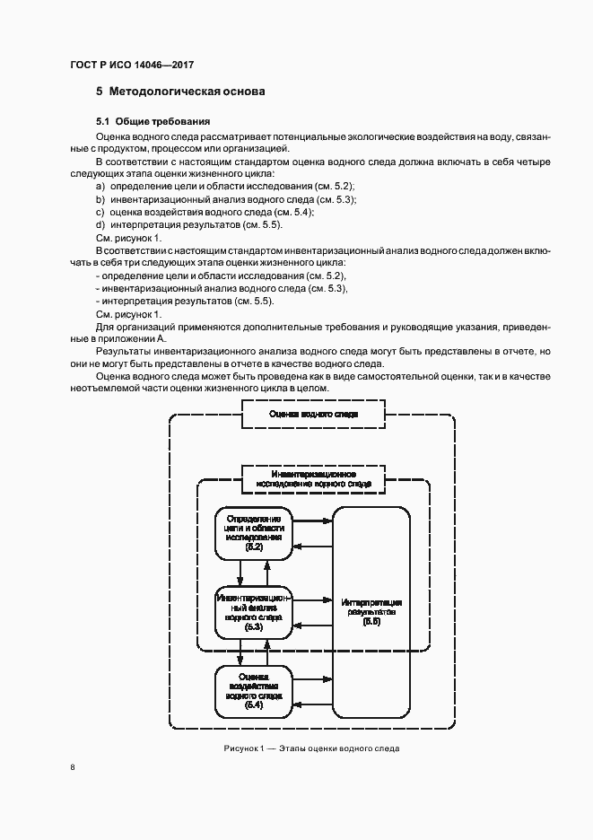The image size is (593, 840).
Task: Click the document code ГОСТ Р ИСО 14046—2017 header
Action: pos(131,65)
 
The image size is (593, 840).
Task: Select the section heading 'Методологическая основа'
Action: pos(187,92)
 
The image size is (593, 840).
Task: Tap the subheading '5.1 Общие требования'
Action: pos(153,120)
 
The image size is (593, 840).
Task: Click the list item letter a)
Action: pos(100,186)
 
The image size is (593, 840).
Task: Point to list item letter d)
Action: pos(100,224)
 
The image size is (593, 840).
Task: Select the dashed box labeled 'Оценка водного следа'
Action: pos(313,415)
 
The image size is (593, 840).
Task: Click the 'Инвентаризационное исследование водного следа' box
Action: pos(313,478)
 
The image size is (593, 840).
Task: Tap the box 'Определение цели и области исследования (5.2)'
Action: pos(254,532)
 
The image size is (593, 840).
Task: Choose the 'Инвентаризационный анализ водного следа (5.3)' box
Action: pos(254,611)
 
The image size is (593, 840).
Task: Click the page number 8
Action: pos(73,767)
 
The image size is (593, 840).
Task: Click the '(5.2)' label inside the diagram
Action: pos(254,547)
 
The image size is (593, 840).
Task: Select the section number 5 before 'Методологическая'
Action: pos(99,92)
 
